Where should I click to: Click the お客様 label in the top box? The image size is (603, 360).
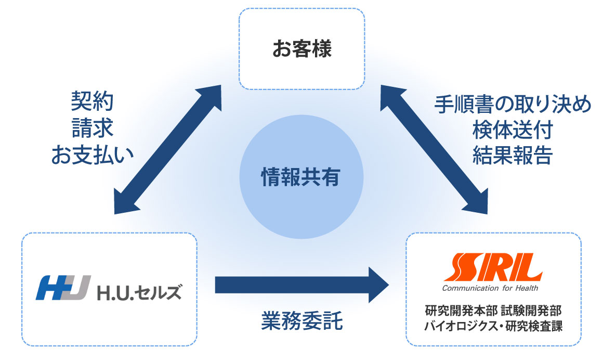[x=302, y=49]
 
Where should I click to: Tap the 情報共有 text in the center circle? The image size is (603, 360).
[x=301, y=177]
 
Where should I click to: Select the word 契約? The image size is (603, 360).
[x=93, y=101]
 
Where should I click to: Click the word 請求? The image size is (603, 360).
[x=93, y=128]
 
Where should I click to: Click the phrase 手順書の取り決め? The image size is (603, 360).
[x=513, y=104]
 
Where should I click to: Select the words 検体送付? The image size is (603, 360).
[x=513, y=130]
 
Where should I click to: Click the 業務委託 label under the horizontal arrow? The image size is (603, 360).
[x=301, y=321]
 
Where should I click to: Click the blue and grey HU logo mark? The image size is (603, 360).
[x=63, y=288]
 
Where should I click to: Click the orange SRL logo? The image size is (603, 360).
[x=493, y=267]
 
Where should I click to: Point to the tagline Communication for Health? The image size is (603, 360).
[x=490, y=288]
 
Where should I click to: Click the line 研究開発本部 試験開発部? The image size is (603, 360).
[x=493, y=311]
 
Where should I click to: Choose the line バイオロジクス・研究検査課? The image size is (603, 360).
[x=493, y=326]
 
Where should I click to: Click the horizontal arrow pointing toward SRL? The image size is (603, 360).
[x=302, y=285]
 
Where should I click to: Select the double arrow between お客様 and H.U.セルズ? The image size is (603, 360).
[x=168, y=149]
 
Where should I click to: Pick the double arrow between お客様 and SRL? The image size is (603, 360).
[x=434, y=149]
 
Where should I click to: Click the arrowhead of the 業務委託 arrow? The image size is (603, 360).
[x=379, y=285]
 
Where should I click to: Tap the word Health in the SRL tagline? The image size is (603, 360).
[x=527, y=288]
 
